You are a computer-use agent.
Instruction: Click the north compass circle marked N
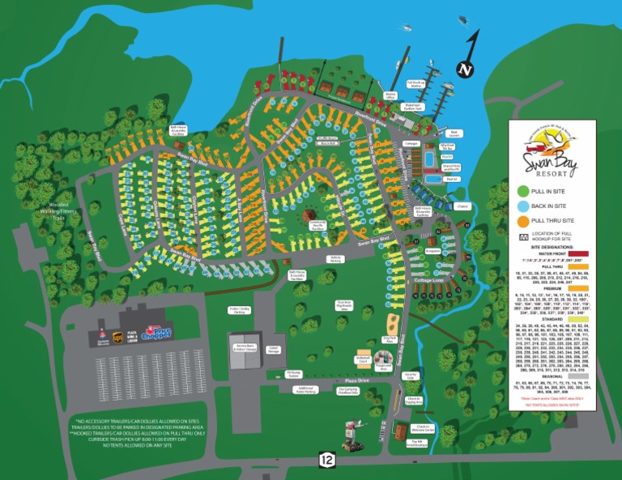465,70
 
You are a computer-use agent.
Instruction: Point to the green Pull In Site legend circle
522,191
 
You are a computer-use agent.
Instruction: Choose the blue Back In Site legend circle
522,206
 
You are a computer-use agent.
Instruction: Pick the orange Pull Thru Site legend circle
522,220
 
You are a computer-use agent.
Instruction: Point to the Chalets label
463,206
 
